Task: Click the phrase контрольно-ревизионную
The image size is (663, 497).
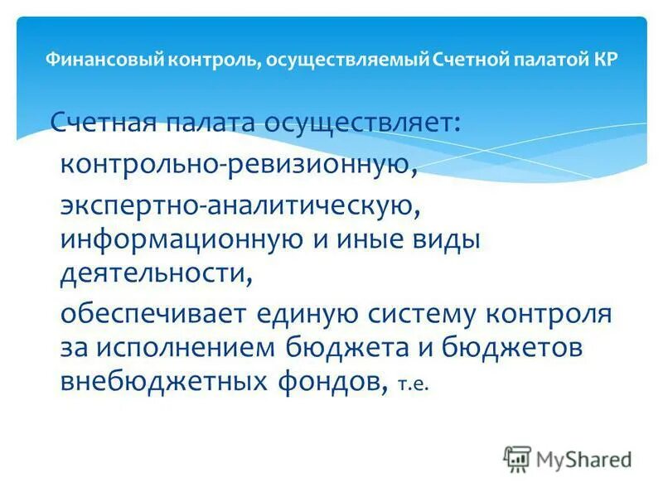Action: click(x=236, y=163)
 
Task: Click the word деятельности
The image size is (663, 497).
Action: click(x=155, y=273)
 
